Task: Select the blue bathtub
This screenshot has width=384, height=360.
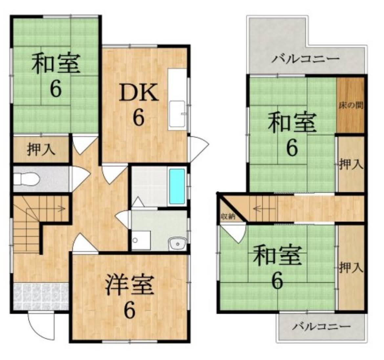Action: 177,186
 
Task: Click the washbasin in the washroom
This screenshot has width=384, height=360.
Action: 177,244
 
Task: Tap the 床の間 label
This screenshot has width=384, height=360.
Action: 351,106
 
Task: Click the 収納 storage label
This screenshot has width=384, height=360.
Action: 227,216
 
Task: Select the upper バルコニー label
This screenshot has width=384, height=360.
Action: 306,59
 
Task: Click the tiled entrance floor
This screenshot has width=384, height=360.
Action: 41,296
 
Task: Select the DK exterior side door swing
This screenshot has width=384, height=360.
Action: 198,147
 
